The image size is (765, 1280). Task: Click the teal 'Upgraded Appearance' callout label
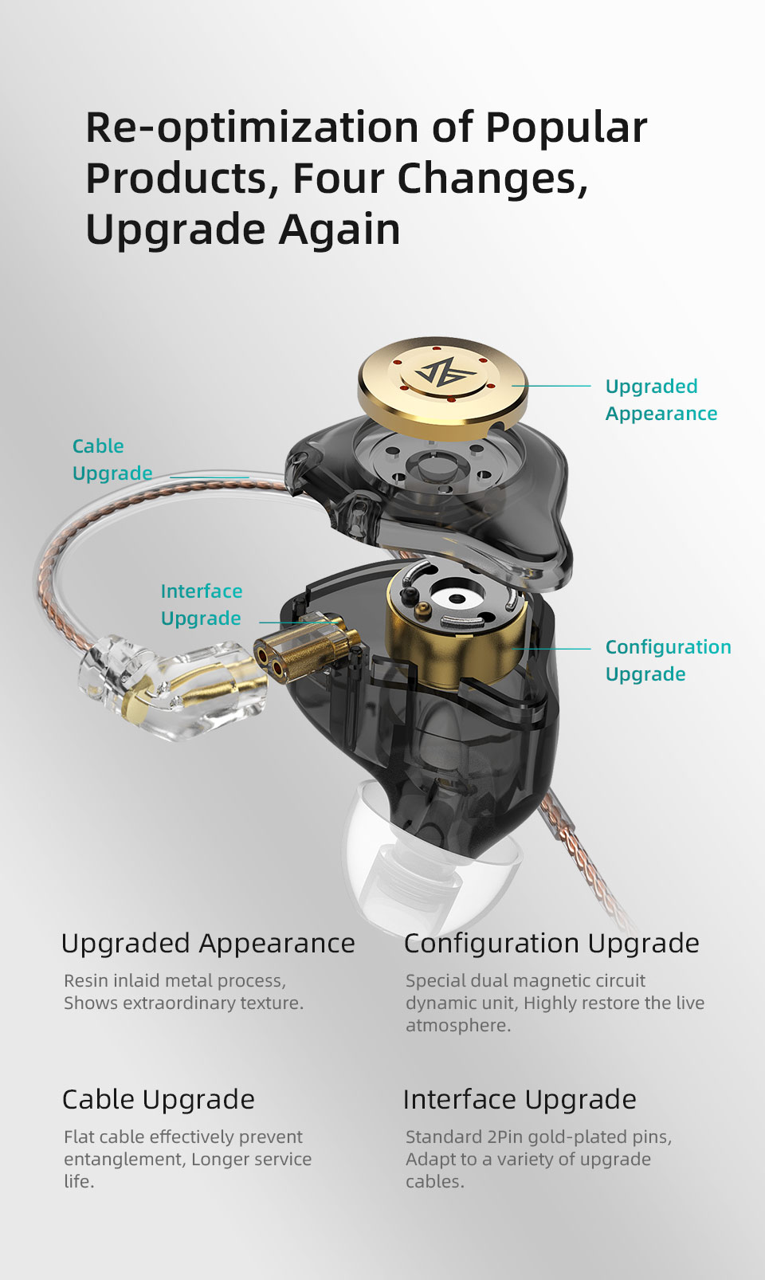pyautogui.click(x=661, y=399)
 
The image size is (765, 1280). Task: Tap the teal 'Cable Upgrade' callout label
pyautogui.click(x=112, y=459)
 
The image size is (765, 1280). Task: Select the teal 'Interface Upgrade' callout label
pyautogui.click(x=201, y=604)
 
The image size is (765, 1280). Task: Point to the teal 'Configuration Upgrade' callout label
pyautogui.click(x=668, y=660)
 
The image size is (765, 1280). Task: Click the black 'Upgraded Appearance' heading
pyautogui.click(x=208, y=943)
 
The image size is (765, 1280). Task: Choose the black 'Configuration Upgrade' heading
pyautogui.click(x=551, y=943)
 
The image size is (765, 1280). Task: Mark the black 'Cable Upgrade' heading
pyautogui.click(x=159, y=1099)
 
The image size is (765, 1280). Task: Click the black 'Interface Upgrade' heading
pyautogui.click(x=520, y=1099)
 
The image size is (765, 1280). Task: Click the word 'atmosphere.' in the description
pyautogui.click(x=458, y=1025)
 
